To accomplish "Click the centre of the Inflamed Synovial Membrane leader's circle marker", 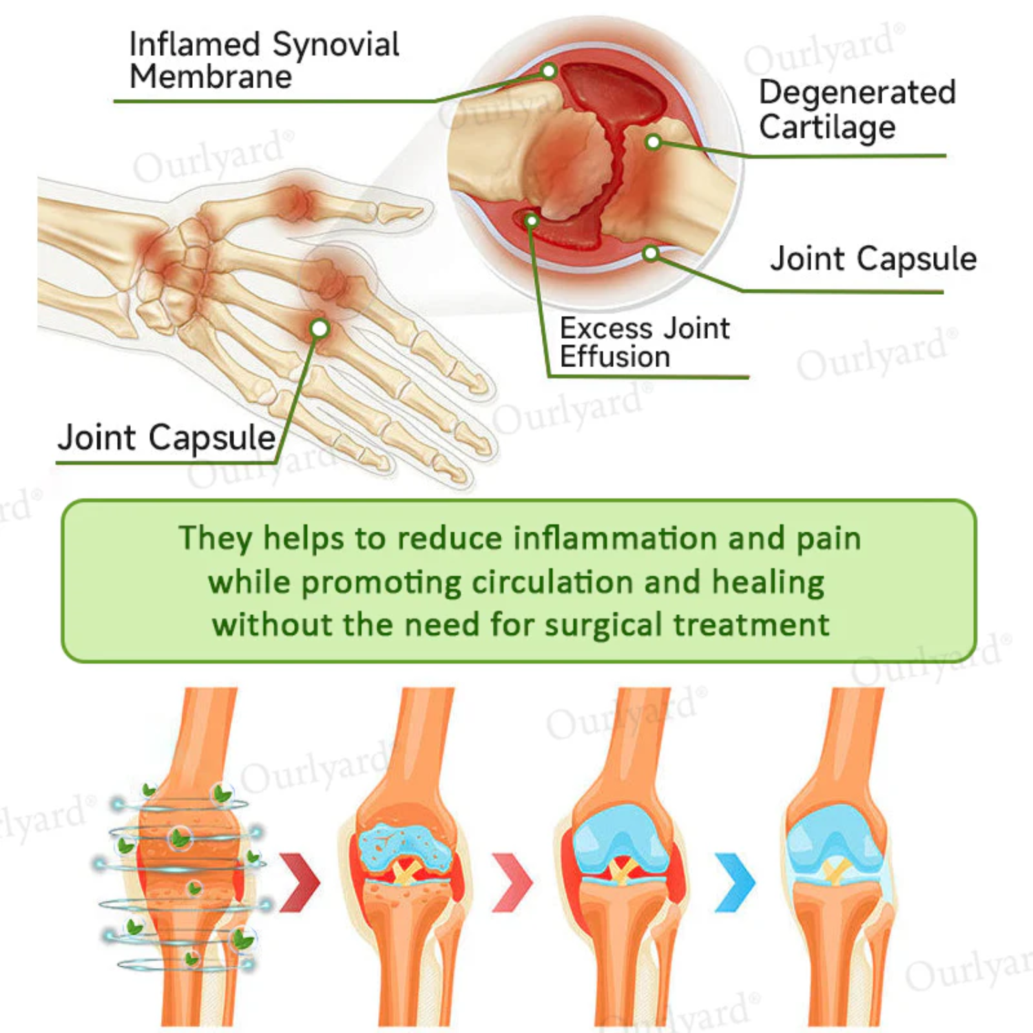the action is point(549,70).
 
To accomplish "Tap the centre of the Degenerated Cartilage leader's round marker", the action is point(653,143).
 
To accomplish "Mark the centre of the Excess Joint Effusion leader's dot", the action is point(531,221).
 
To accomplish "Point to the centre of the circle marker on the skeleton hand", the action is point(320,328).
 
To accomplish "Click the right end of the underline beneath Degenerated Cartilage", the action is point(945,156).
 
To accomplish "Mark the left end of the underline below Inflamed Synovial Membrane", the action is point(114,102).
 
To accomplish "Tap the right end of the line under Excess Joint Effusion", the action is point(749,377).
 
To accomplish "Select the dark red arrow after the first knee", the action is point(300,882).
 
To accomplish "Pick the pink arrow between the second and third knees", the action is point(512,882).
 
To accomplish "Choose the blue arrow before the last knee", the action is point(735,882).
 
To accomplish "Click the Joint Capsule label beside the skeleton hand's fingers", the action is point(167,438).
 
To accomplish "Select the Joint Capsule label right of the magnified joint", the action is point(873,260).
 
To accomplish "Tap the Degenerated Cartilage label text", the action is point(857,109).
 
